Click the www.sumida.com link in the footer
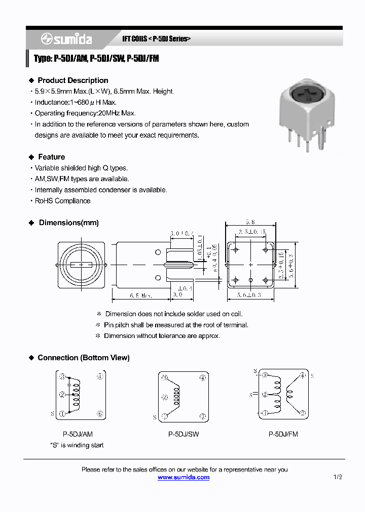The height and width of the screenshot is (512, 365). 183,477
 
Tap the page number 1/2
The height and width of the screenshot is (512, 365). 338,477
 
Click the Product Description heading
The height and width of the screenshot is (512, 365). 72,80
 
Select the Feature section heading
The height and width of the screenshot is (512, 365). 51,157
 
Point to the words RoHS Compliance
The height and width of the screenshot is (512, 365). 62,201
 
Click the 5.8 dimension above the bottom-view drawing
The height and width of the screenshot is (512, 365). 250,222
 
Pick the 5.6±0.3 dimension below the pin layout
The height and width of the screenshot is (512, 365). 248,294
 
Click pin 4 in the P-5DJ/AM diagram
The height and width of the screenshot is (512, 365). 100,376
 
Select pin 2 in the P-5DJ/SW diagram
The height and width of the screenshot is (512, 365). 164,398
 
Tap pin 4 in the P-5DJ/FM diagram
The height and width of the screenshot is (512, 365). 303,375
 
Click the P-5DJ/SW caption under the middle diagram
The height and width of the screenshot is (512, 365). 183,434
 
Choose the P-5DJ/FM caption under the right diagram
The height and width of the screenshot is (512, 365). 283,434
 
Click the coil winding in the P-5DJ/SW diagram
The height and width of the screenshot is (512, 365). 176,398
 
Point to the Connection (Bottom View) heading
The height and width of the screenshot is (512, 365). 83,358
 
